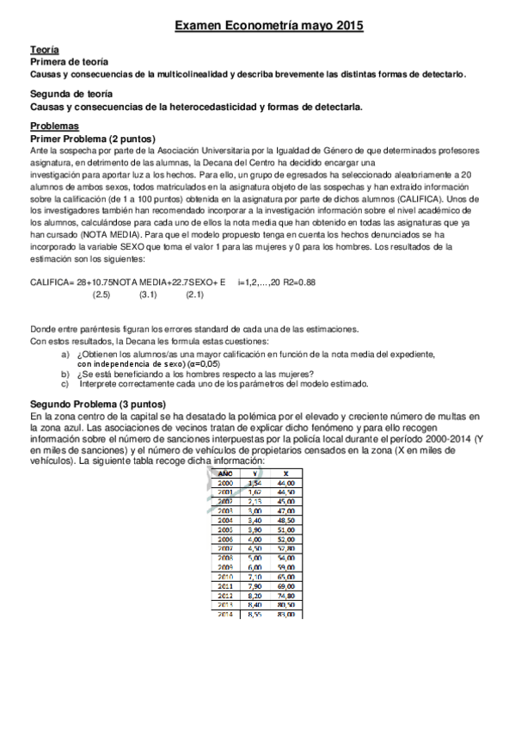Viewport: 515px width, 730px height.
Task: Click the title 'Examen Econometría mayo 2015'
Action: (269, 28)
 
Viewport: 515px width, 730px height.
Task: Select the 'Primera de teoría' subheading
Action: (69, 63)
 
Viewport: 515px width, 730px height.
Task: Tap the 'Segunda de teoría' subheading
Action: (71, 94)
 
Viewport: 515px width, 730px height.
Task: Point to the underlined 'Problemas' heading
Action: (53, 126)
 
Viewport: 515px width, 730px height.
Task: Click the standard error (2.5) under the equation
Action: (101, 294)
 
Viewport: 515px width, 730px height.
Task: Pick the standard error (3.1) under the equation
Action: (148, 294)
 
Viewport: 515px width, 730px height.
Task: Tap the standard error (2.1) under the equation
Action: (194, 294)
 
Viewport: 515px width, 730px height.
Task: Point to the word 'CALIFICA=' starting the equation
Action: (52, 281)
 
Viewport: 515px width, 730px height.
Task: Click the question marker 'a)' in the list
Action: (65, 354)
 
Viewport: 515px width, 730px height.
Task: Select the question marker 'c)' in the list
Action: (65, 384)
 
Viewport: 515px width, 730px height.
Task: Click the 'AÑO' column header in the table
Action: (225, 473)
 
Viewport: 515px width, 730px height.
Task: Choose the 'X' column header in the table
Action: (285, 473)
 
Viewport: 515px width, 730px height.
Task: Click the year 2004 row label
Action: (225, 521)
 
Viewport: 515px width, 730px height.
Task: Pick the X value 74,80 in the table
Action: (285, 595)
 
